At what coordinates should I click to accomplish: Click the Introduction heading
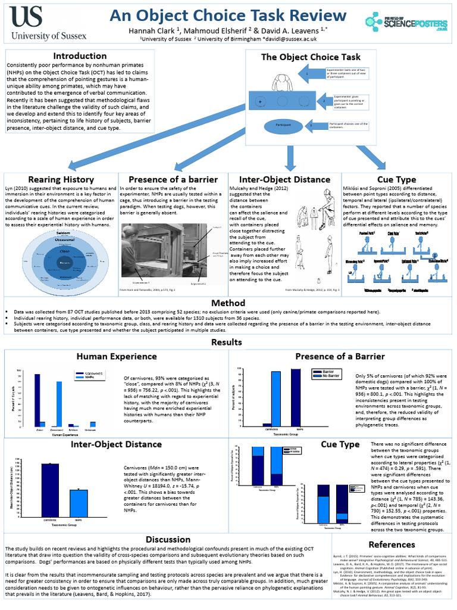(80, 56)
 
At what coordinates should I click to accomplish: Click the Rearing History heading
(61, 179)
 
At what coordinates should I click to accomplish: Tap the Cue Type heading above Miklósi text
(396, 179)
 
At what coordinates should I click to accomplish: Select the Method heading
(228, 303)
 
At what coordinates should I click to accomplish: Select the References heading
(392, 544)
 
